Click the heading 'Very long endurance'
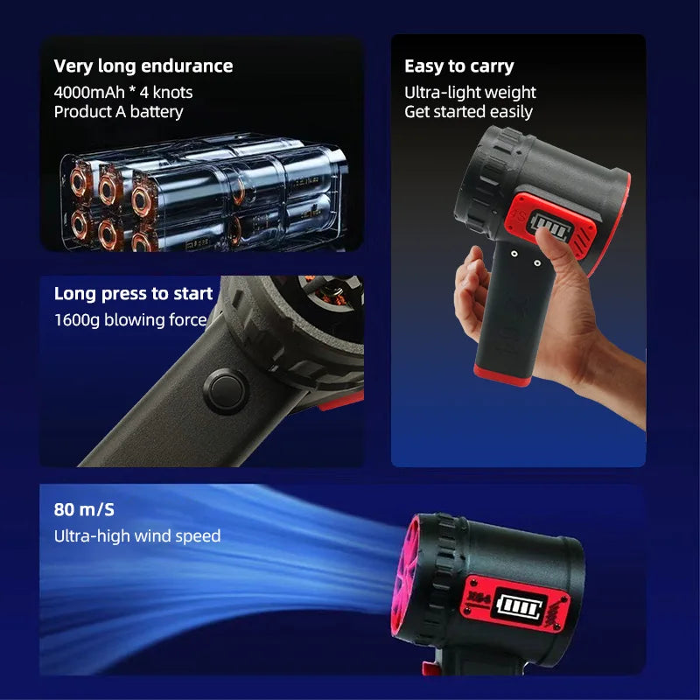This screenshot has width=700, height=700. click(x=143, y=66)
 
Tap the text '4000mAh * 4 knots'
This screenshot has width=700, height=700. click(x=123, y=92)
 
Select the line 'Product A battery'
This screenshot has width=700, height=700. click(x=118, y=111)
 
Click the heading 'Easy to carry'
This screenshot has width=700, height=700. click(x=458, y=66)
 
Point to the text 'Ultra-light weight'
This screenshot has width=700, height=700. click(x=470, y=92)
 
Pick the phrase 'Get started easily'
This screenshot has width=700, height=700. click(x=468, y=111)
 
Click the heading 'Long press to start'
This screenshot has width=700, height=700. click(x=133, y=293)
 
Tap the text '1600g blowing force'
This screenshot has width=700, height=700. click(x=130, y=319)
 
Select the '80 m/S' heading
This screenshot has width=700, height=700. click(x=84, y=509)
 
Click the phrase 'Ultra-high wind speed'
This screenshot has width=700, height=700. click(x=137, y=535)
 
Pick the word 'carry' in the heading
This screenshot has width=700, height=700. click(x=492, y=66)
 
